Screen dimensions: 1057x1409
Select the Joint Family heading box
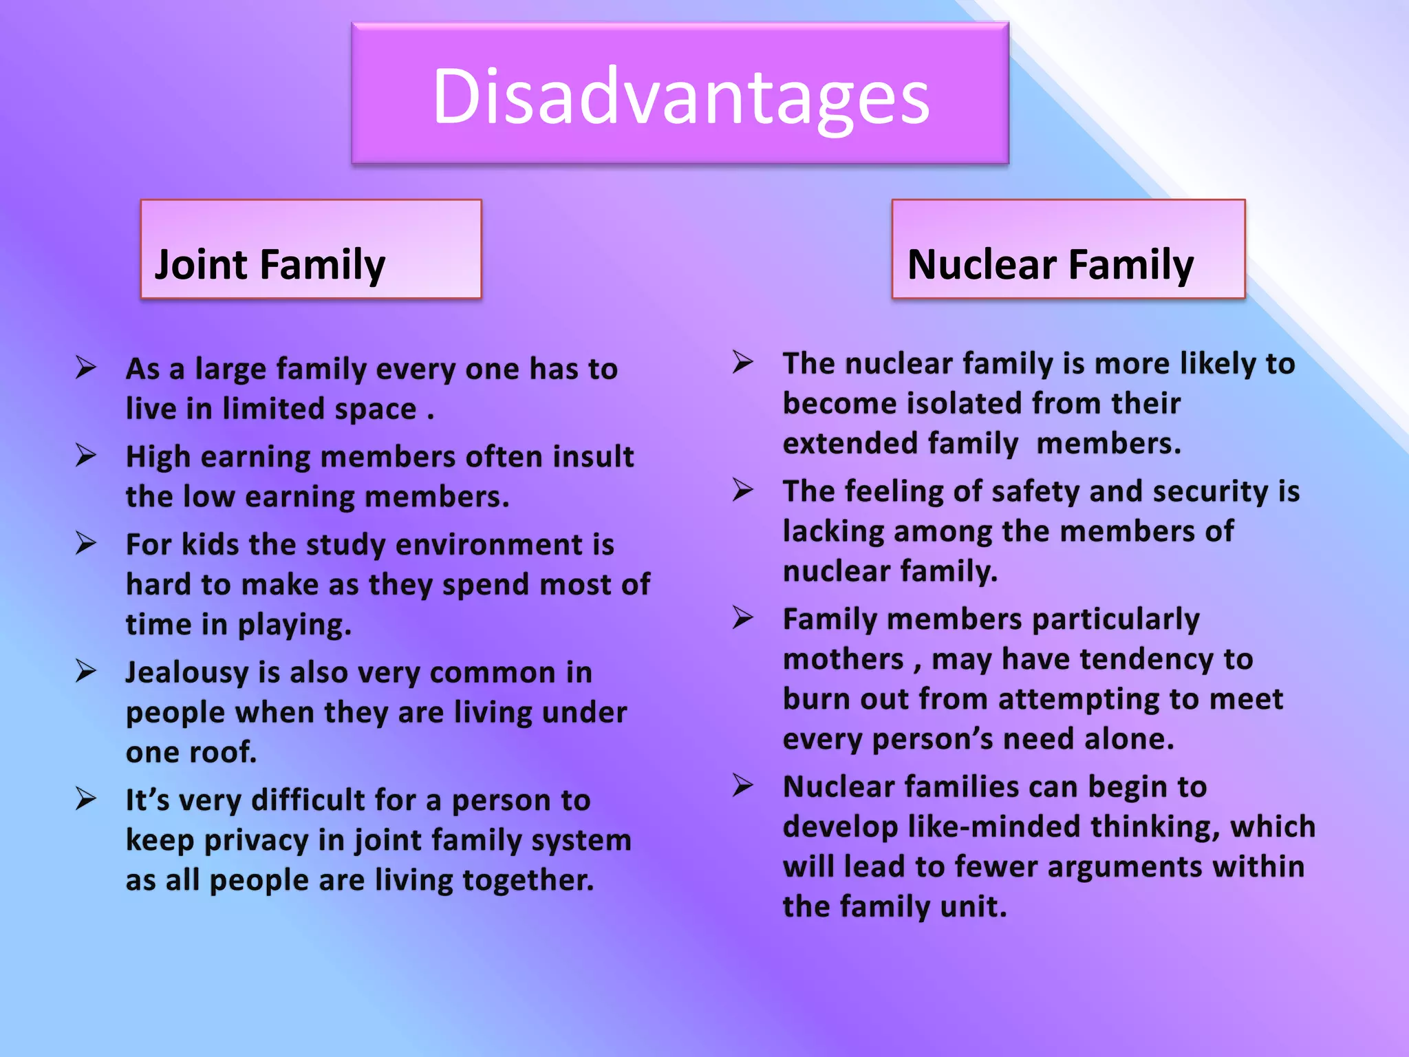click(311, 249)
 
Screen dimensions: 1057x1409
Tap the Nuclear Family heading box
click(1068, 249)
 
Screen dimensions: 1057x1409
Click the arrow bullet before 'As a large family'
click(86, 367)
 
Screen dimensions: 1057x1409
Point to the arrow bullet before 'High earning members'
click(86, 455)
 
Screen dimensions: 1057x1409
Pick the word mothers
click(843, 660)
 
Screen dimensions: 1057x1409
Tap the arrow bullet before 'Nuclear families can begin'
click(743, 785)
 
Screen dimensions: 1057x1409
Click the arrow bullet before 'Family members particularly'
click(743, 617)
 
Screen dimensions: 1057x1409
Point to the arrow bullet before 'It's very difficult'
click(86, 799)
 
